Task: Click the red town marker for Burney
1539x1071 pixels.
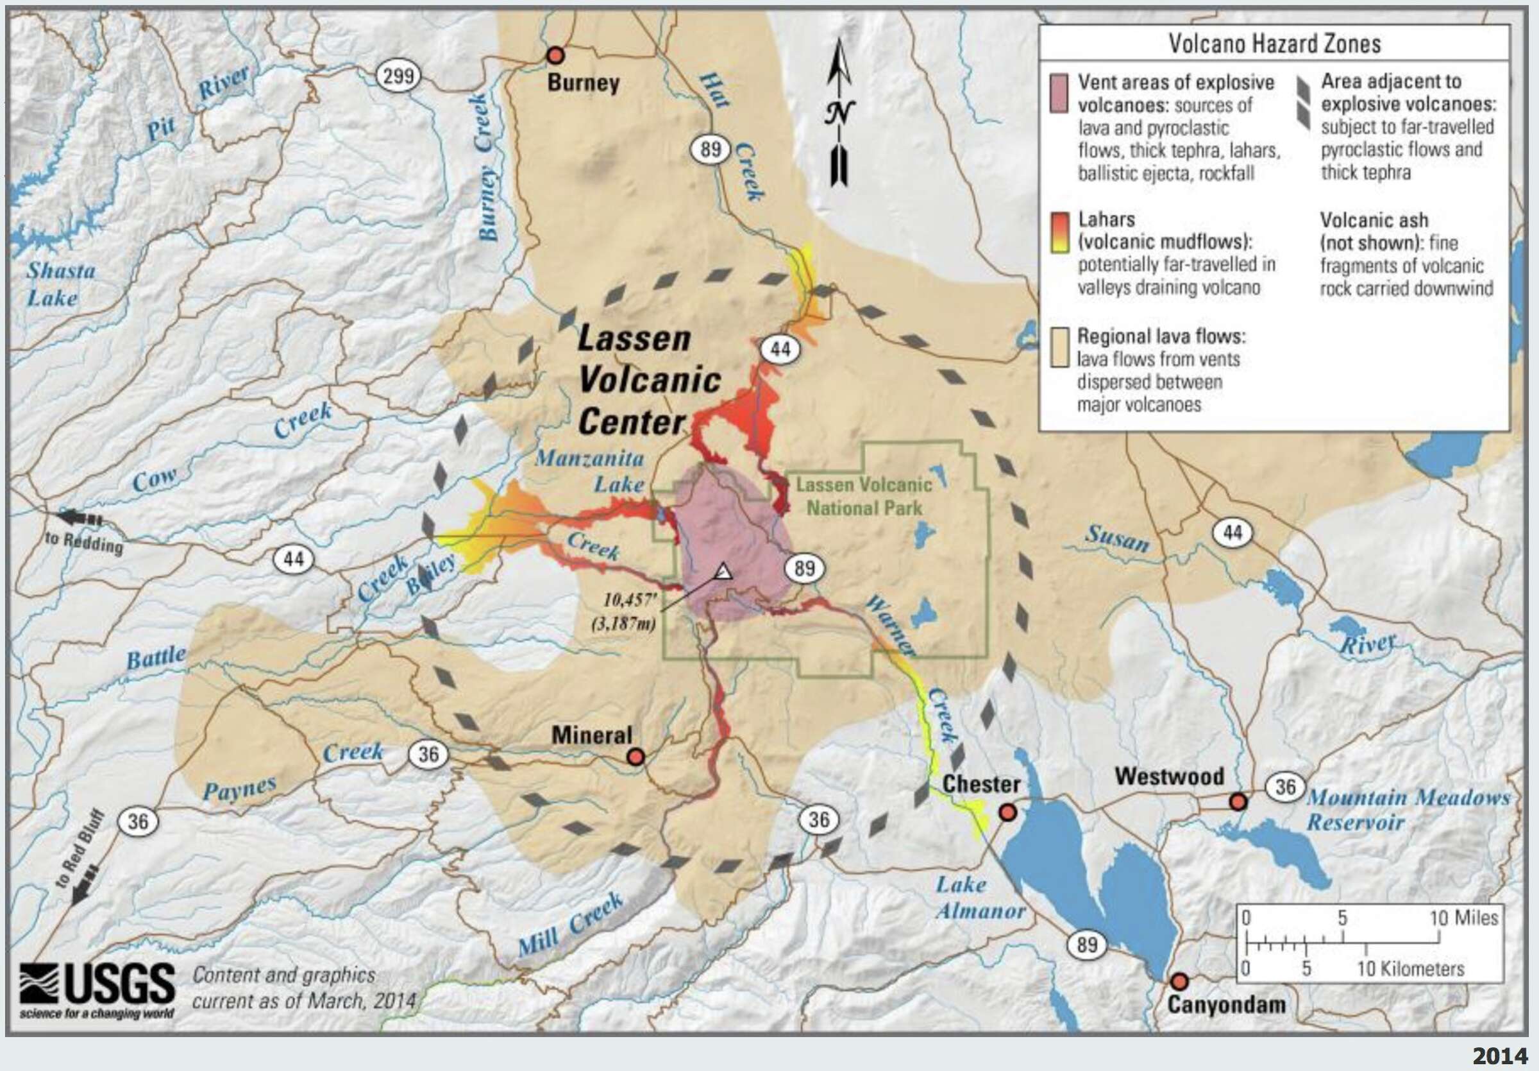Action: pyautogui.click(x=556, y=55)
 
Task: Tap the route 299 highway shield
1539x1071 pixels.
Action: pyautogui.click(x=398, y=76)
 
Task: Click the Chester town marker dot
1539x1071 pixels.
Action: pyautogui.click(x=1007, y=812)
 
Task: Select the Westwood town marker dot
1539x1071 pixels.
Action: pyautogui.click(x=1238, y=801)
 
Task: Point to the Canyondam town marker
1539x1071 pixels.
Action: pyautogui.click(x=1179, y=982)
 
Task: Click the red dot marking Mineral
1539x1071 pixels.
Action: pyautogui.click(x=635, y=757)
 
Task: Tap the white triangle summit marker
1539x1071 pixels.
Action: pyautogui.click(x=723, y=571)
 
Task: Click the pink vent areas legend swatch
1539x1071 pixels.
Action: pyautogui.click(x=1059, y=93)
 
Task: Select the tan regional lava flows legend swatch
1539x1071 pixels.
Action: pyautogui.click(x=1059, y=347)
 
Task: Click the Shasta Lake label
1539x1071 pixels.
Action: pyautogui.click(x=60, y=284)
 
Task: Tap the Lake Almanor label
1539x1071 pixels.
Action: pyautogui.click(x=979, y=897)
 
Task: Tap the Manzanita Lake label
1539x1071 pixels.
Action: pyautogui.click(x=590, y=471)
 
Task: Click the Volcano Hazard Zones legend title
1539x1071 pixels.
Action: pyautogui.click(x=1274, y=44)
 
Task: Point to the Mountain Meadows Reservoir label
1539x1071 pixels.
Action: pyautogui.click(x=1408, y=809)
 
